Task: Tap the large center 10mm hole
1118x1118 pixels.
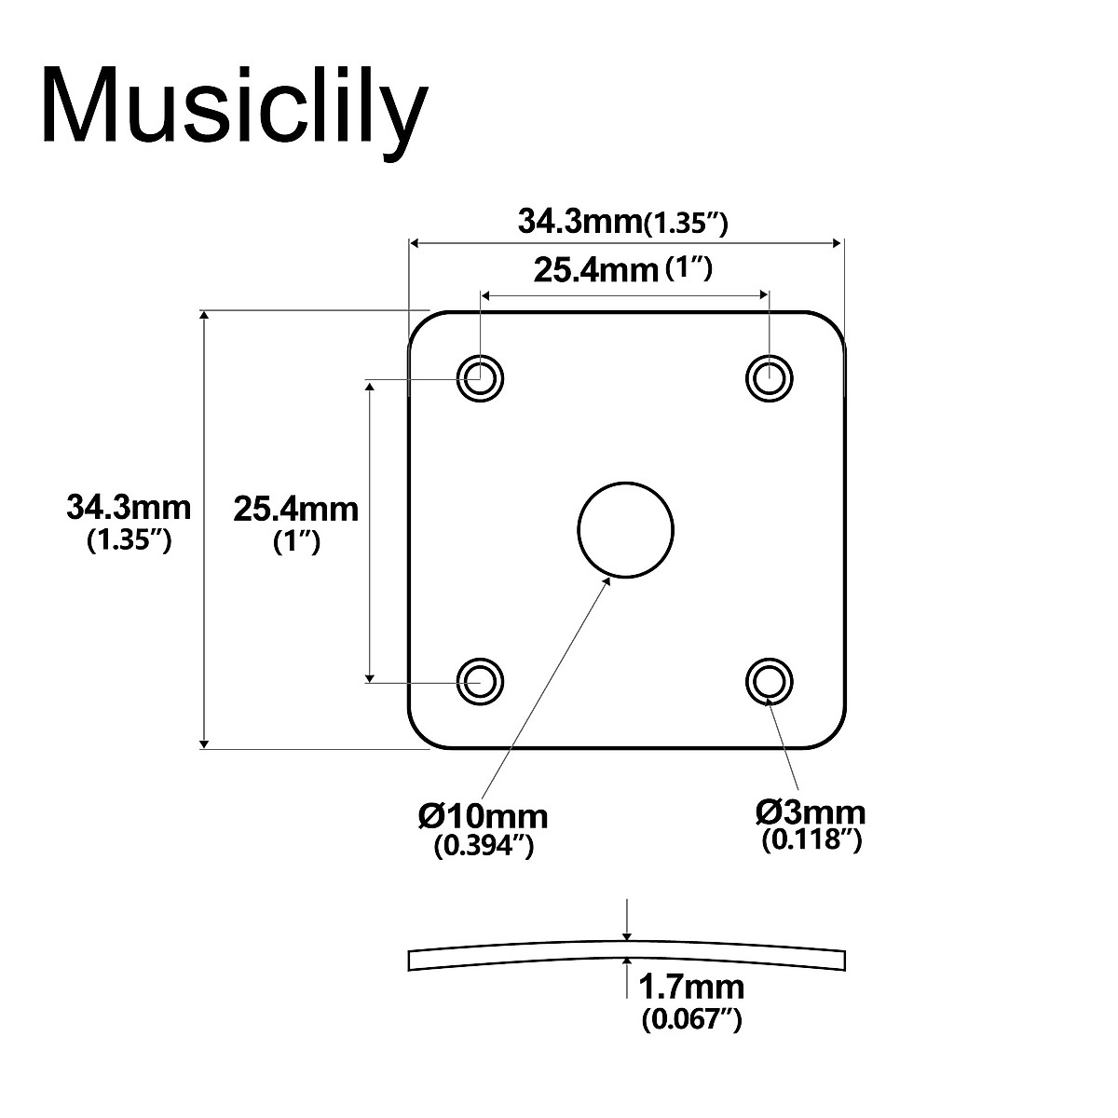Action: (x=625, y=528)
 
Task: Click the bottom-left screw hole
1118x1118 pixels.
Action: (x=481, y=681)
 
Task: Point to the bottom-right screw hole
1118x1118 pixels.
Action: (x=769, y=681)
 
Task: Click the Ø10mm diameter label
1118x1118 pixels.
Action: (x=483, y=816)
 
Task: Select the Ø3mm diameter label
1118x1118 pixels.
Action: (x=810, y=812)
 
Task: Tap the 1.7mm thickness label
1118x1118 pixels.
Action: (x=690, y=987)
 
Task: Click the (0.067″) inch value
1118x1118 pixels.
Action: (x=691, y=1020)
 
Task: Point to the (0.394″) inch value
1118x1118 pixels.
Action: (x=484, y=847)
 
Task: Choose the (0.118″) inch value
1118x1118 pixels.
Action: (x=811, y=840)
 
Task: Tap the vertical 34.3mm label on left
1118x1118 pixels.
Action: (x=129, y=508)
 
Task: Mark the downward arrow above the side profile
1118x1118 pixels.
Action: (x=629, y=919)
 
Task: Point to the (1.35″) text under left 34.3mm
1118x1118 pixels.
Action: (x=129, y=541)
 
